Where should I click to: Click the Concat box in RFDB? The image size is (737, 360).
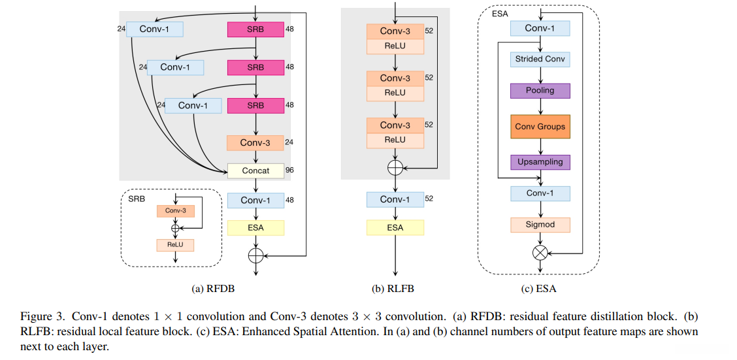click(255, 171)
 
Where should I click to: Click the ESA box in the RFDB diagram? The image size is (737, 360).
click(255, 228)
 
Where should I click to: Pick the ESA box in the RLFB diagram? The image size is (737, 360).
click(395, 227)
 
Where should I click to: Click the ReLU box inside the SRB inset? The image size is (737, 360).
click(175, 245)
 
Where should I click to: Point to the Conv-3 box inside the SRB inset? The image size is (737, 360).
click(175, 211)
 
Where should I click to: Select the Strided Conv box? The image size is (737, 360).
click(540, 59)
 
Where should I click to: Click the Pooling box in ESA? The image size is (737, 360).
click(540, 90)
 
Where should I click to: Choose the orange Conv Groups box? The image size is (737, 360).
click(540, 127)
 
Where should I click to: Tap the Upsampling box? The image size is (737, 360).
click(540, 161)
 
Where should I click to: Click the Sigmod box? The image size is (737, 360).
click(540, 225)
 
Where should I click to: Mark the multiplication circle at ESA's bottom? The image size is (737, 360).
click(540, 253)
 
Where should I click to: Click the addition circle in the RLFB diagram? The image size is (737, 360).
click(395, 168)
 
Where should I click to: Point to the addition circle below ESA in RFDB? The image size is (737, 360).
click(255, 255)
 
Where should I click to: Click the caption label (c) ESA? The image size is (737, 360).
click(540, 288)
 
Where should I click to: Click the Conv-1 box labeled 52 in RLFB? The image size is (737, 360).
click(395, 199)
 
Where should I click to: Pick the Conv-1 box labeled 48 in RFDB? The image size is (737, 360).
click(255, 200)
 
